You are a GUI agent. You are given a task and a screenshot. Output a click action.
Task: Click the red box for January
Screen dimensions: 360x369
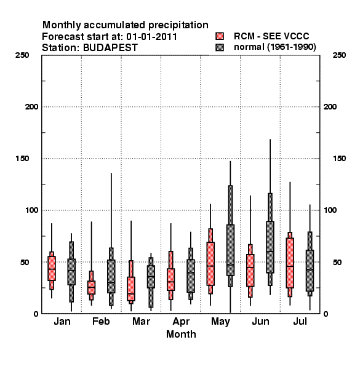(52, 268)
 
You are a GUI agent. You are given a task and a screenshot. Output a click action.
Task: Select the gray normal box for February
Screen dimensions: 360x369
(111, 276)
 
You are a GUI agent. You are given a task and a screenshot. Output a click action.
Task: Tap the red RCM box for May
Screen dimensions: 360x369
(210, 264)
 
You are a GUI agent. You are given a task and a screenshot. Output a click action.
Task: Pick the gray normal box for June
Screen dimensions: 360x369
(270, 247)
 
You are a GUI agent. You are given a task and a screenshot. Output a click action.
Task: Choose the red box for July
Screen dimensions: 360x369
(290, 263)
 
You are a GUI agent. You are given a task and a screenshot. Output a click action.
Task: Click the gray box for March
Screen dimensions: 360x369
(151, 277)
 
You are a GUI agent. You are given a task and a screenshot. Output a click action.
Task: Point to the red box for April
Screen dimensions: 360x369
(170, 279)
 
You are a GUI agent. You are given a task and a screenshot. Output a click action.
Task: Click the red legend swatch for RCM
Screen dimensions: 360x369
(220, 36)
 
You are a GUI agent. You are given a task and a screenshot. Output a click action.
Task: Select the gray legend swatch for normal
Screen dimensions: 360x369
(220, 47)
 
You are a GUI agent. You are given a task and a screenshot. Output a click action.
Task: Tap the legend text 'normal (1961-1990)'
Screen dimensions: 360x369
(274, 47)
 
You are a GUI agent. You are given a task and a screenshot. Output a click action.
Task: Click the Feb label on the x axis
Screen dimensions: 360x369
(101, 321)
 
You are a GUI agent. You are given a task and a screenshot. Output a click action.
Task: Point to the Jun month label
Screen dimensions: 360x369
(260, 321)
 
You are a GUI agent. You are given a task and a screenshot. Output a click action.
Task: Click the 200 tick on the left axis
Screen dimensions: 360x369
(31, 106)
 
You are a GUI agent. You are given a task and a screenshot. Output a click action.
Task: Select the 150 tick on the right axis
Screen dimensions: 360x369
(339, 159)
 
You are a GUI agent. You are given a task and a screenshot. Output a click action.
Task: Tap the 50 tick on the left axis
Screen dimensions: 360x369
(25, 262)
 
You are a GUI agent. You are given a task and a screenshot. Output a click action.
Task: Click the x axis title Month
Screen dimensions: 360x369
(181, 334)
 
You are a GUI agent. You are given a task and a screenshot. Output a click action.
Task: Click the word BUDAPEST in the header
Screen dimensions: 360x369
(110, 47)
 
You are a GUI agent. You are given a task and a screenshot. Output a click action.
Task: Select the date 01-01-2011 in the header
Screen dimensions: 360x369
(151, 36)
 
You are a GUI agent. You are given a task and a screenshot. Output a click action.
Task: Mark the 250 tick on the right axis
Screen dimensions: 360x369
(339, 55)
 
